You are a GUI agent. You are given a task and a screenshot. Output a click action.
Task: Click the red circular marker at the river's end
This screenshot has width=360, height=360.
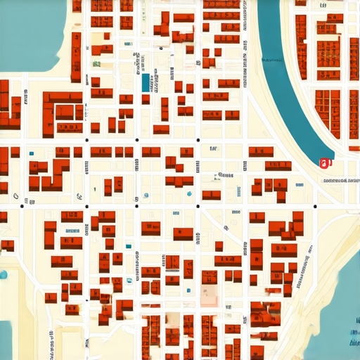coord(324,163)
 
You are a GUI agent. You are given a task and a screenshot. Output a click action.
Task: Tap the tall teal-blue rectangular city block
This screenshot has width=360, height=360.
coord(146,82)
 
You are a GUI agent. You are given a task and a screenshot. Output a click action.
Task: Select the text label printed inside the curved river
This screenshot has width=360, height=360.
coord(268,60)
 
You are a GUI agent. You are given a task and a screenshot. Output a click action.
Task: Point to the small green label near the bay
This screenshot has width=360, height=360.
coord(96,64)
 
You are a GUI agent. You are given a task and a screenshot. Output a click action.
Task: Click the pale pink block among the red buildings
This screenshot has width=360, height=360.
coord(210,296)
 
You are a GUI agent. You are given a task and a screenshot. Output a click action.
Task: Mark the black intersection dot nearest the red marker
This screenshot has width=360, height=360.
coord(314,206)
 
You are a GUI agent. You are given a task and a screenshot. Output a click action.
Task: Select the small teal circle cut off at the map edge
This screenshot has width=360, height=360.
coord(2,274)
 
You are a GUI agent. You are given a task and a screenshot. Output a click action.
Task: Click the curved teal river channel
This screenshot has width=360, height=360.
coord(281,70)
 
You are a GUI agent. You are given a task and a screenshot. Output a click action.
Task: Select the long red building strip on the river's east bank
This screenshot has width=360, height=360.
coord(301,46)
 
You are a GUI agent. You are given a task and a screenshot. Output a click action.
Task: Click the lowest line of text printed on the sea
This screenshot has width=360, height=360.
coord(352,342)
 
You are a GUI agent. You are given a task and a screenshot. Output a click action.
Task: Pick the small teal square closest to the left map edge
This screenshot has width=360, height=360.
coord(31,153)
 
